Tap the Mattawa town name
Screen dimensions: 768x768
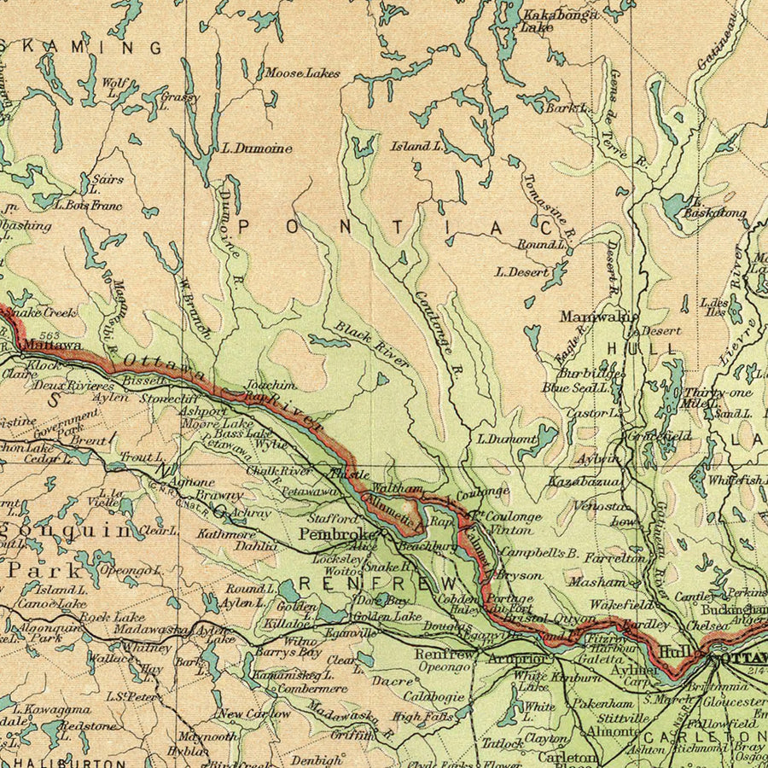52,346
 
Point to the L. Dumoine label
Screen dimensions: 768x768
256,148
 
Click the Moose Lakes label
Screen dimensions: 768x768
300,73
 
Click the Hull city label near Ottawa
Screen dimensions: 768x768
676,650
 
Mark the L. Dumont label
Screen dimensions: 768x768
505,439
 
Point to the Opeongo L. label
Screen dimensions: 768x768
131,569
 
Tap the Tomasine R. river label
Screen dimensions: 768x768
549,205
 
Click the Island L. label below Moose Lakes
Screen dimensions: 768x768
416,146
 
